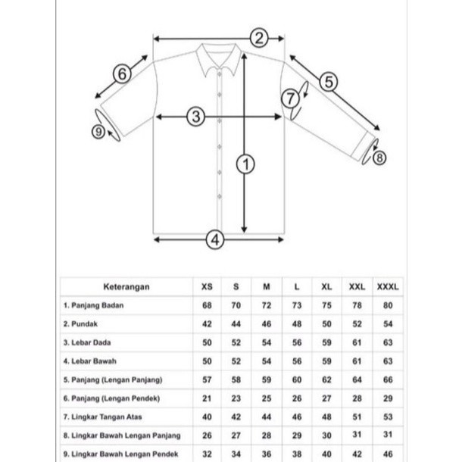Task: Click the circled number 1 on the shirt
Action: (245, 162)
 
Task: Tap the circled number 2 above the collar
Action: (258, 38)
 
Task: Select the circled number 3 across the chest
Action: (196, 117)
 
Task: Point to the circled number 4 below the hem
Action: (215, 240)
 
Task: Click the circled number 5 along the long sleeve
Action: (328, 81)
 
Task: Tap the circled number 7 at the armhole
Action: (291, 98)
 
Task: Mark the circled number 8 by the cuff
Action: (379, 158)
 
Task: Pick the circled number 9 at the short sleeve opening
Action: (98, 132)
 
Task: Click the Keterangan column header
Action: (125, 287)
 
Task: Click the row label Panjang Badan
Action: (94, 305)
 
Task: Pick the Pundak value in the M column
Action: (266, 323)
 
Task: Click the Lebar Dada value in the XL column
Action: (326, 342)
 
